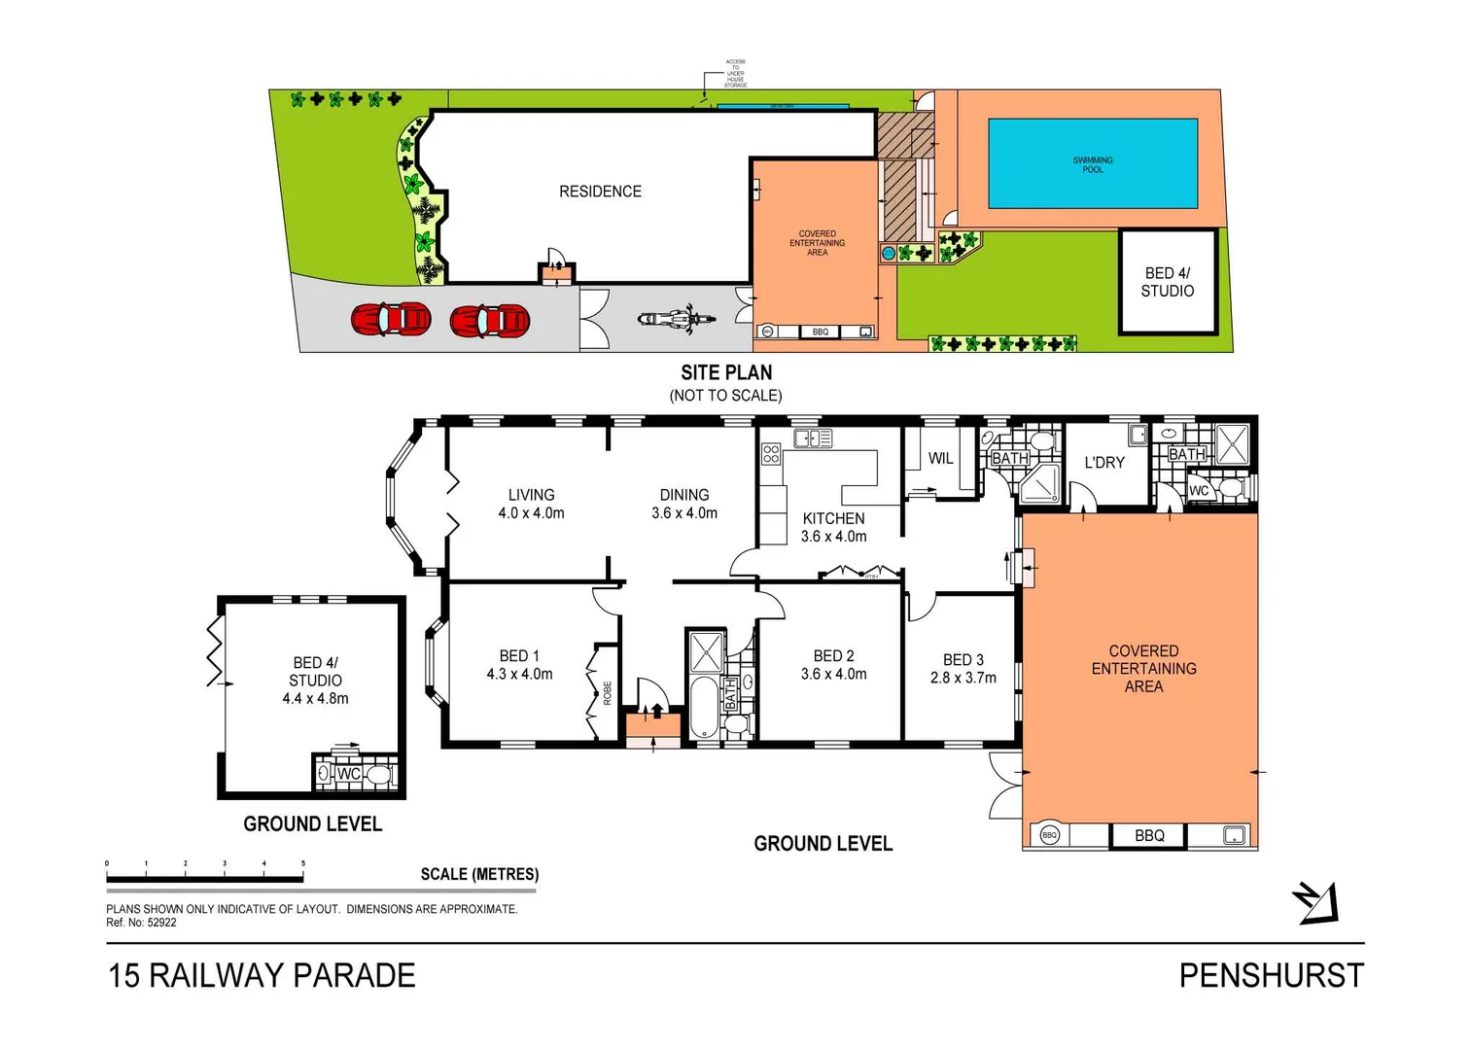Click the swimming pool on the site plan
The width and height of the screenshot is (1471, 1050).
click(1092, 163)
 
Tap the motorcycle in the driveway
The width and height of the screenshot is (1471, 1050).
click(677, 319)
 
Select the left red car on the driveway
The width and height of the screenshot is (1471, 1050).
click(391, 319)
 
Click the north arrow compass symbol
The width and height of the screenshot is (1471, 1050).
click(1316, 902)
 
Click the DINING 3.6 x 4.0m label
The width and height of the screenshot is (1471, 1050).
click(684, 504)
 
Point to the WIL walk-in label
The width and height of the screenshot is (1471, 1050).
click(940, 459)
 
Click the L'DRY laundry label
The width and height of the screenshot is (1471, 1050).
click(1103, 463)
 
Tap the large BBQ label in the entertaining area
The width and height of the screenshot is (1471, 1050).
click(1149, 836)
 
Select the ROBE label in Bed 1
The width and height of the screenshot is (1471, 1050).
click(608, 692)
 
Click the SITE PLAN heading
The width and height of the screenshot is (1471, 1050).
click(726, 372)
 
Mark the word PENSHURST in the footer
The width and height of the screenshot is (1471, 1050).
click(1271, 975)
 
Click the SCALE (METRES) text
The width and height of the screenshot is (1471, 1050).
click(479, 874)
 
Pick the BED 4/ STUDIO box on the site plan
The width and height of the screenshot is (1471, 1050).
click(1167, 282)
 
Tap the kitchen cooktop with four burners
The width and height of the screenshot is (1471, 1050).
click(771, 453)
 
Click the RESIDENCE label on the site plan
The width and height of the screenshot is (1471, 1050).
click(600, 192)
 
